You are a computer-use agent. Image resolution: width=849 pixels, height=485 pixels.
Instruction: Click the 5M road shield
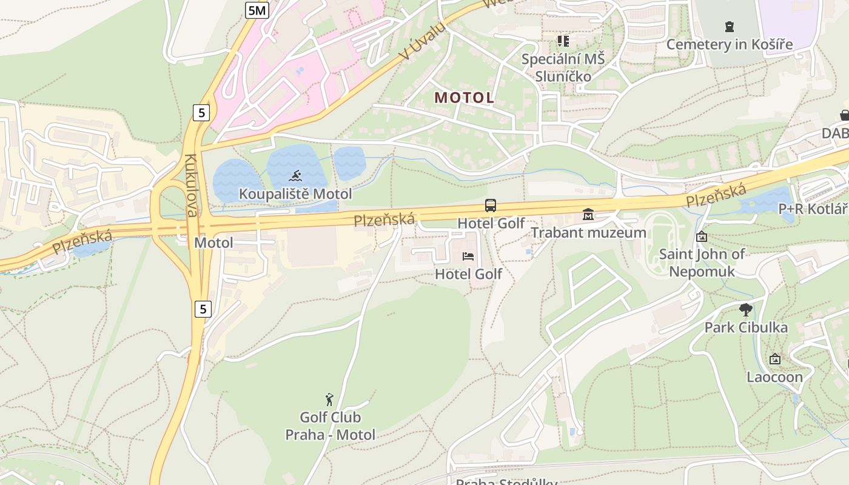pos(257,10)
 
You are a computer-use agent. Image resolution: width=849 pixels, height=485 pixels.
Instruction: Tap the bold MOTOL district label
pos(464,98)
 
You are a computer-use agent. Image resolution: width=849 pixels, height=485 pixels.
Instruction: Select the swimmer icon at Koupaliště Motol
pos(295,176)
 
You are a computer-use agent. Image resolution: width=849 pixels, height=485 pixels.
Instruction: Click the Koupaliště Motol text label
pos(295,194)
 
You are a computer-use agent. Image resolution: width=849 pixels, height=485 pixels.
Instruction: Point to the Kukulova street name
pos(192,186)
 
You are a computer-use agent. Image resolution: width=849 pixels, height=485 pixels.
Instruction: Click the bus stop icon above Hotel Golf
pos(491,206)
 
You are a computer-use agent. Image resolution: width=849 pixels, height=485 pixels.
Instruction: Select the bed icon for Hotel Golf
pos(468,256)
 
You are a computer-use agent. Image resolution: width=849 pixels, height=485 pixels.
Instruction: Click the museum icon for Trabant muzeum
pos(588,215)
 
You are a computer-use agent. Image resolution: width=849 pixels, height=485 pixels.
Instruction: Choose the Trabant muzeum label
pos(588,233)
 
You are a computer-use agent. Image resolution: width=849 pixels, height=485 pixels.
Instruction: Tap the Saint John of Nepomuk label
pos(702,262)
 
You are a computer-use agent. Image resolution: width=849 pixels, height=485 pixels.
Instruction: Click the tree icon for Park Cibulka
pos(746,310)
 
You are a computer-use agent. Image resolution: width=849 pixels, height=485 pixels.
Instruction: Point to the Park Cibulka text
pos(746,328)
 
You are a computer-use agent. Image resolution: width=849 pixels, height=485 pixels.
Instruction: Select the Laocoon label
pos(774,377)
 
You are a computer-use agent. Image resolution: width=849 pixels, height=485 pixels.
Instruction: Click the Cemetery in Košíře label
pos(729,44)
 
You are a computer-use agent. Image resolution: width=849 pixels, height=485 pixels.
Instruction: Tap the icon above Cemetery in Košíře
pos(729,27)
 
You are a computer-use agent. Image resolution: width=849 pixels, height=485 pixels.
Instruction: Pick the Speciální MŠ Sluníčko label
pos(563,67)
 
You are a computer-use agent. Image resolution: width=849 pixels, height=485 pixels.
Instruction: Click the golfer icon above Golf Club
pos(329,400)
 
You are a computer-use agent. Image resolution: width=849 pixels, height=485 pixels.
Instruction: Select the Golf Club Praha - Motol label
pos(331,426)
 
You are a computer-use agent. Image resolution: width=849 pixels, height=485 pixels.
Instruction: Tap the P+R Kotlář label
pos(813,209)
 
